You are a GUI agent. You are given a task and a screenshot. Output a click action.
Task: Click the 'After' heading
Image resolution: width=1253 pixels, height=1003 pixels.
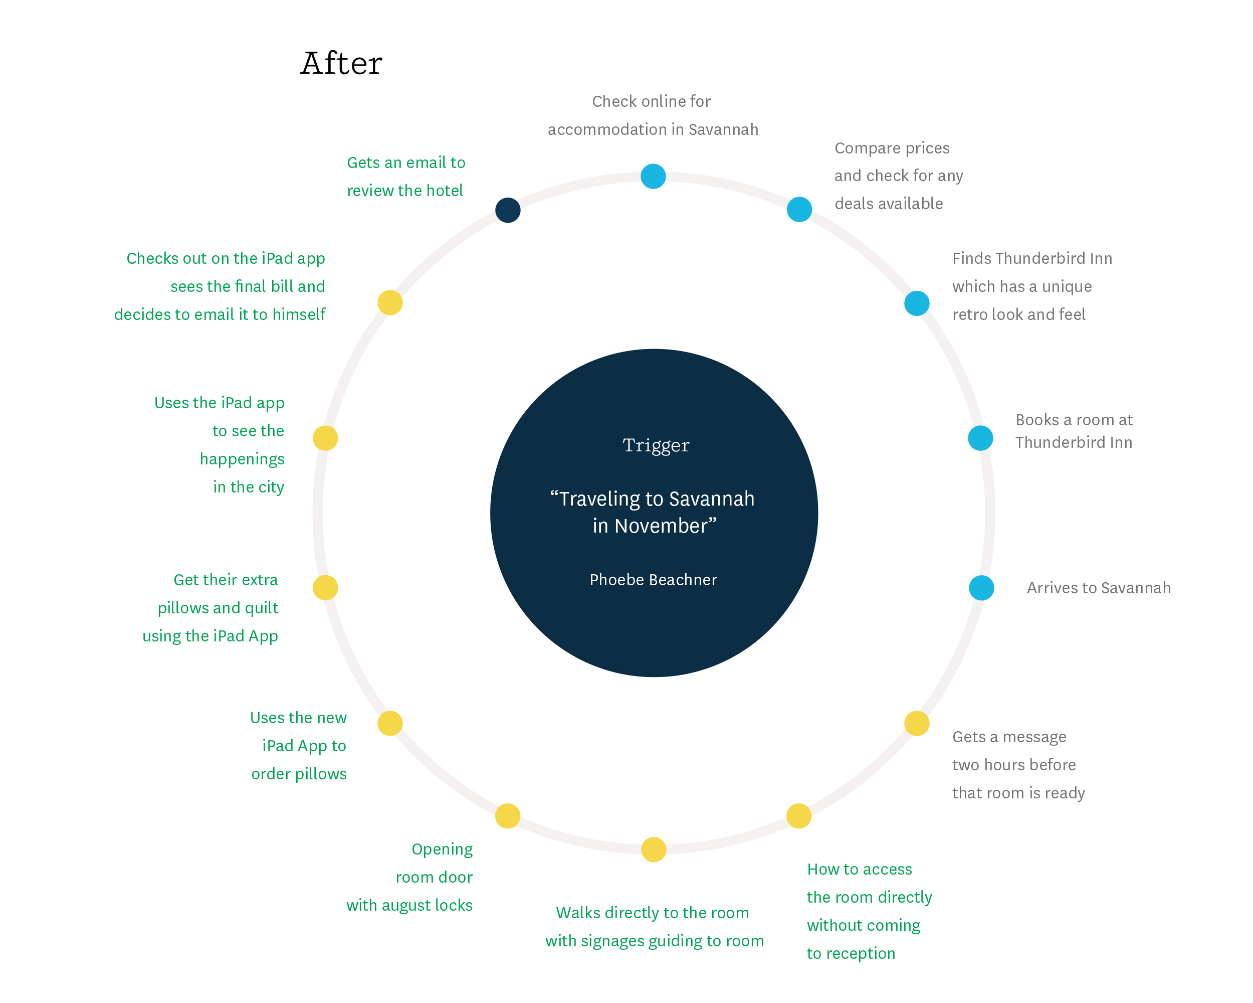pyautogui.click(x=341, y=63)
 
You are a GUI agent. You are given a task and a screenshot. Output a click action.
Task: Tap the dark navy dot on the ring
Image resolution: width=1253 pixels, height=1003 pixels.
pyautogui.click(x=507, y=210)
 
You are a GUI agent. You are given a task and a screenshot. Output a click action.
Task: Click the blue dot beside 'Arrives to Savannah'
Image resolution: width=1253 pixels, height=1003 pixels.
pyautogui.click(x=981, y=587)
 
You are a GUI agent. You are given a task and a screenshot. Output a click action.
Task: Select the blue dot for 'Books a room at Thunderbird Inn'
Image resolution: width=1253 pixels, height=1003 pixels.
pyautogui.click(x=980, y=438)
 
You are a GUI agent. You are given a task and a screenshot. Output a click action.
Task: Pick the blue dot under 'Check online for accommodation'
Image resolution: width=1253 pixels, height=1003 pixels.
pyautogui.click(x=653, y=176)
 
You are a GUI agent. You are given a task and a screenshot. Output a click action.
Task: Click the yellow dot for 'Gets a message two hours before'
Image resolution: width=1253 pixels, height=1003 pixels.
pyautogui.click(x=917, y=723)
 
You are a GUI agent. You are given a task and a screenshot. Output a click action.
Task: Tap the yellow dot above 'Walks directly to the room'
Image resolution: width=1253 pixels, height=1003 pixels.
pyautogui.click(x=653, y=849)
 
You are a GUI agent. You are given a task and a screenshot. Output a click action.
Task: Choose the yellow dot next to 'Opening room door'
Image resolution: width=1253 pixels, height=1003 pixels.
pyautogui.click(x=507, y=816)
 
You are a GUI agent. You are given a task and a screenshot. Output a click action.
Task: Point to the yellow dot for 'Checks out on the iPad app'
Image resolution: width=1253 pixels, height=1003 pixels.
pyautogui.click(x=390, y=302)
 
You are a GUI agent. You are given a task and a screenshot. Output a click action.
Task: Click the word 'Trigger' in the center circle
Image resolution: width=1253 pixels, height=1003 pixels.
pyautogui.click(x=656, y=446)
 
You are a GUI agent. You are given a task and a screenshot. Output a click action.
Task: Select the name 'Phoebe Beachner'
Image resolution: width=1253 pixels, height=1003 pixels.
pyautogui.click(x=653, y=580)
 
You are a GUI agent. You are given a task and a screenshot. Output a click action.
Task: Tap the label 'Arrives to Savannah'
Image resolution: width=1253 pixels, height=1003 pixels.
pyautogui.click(x=1099, y=588)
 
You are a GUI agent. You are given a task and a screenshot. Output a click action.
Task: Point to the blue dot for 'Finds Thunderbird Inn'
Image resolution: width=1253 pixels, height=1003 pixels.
pyautogui.click(x=917, y=303)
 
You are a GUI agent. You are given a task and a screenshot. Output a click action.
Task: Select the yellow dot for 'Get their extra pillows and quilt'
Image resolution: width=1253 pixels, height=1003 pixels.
pyautogui.click(x=325, y=587)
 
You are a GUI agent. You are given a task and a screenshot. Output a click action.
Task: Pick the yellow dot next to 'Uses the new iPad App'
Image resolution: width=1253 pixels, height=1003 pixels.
pyautogui.click(x=390, y=723)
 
